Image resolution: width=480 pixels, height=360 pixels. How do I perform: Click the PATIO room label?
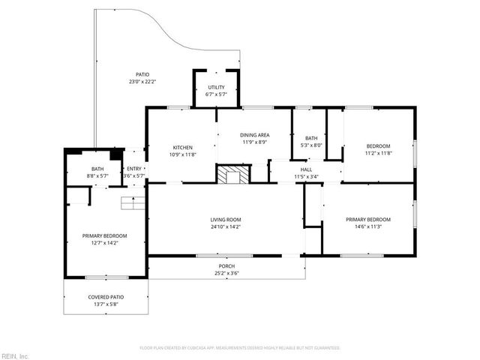142,74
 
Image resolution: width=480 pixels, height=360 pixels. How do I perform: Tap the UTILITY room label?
216,87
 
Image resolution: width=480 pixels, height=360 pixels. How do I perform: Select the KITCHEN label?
183,147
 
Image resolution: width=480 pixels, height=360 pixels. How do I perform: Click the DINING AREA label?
255,134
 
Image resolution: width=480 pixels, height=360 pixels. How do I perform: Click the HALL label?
306,169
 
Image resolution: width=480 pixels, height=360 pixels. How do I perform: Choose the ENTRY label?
134,169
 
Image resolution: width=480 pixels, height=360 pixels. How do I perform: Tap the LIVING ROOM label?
225,220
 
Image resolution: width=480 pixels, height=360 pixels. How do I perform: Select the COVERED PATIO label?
106,297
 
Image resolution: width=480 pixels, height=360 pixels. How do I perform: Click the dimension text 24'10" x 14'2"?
225,226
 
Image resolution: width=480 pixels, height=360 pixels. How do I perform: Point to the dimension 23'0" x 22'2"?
142,81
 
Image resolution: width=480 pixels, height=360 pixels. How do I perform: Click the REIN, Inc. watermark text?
14,355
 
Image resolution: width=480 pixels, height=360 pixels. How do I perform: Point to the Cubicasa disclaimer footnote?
240,348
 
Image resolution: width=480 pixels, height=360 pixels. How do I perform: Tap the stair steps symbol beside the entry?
132,203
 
